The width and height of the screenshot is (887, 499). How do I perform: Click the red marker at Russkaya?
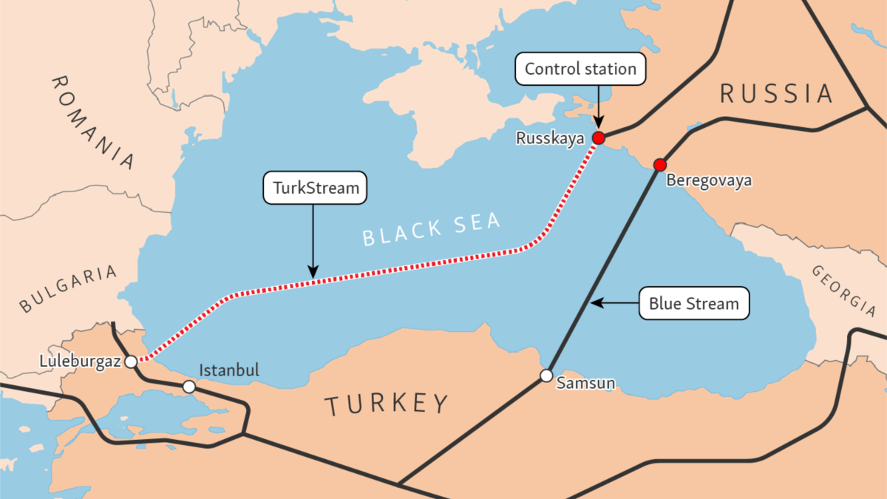(x=598, y=138)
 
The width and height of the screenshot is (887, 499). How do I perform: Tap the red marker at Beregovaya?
(x=660, y=164)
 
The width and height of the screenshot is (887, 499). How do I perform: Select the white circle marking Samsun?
(x=546, y=376)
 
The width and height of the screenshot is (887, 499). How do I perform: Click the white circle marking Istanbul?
(x=189, y=387)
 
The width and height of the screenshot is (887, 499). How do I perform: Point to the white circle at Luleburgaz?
(x=131, y=361)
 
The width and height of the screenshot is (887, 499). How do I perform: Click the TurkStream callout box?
(x=316, y=189)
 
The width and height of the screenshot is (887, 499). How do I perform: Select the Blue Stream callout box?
(x=693, y=303)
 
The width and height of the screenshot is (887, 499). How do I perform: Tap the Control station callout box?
(x=580, y=69)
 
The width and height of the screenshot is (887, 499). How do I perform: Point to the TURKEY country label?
(x=387, y=404)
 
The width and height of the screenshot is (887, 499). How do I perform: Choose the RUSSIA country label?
(x=776, y=94)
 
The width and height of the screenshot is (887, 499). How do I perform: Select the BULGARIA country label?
(x=68, y=289)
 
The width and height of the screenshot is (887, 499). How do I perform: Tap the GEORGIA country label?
(x=843, y=291)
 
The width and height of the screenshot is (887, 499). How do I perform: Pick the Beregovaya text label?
(x=709, y=180)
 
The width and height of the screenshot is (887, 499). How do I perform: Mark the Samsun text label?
(x=585, y=384)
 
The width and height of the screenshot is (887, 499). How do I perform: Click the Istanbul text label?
(x=229, y=370)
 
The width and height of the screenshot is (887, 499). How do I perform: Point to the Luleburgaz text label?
(x=80, y=361)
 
